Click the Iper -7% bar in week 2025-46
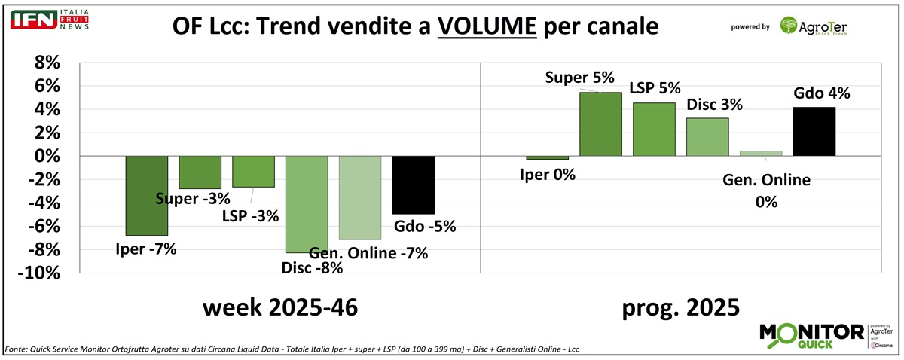(146, 195)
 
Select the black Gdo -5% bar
(413, 185)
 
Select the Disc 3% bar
(707, 137)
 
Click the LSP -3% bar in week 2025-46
(253, 171)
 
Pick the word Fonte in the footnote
(19, 349)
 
